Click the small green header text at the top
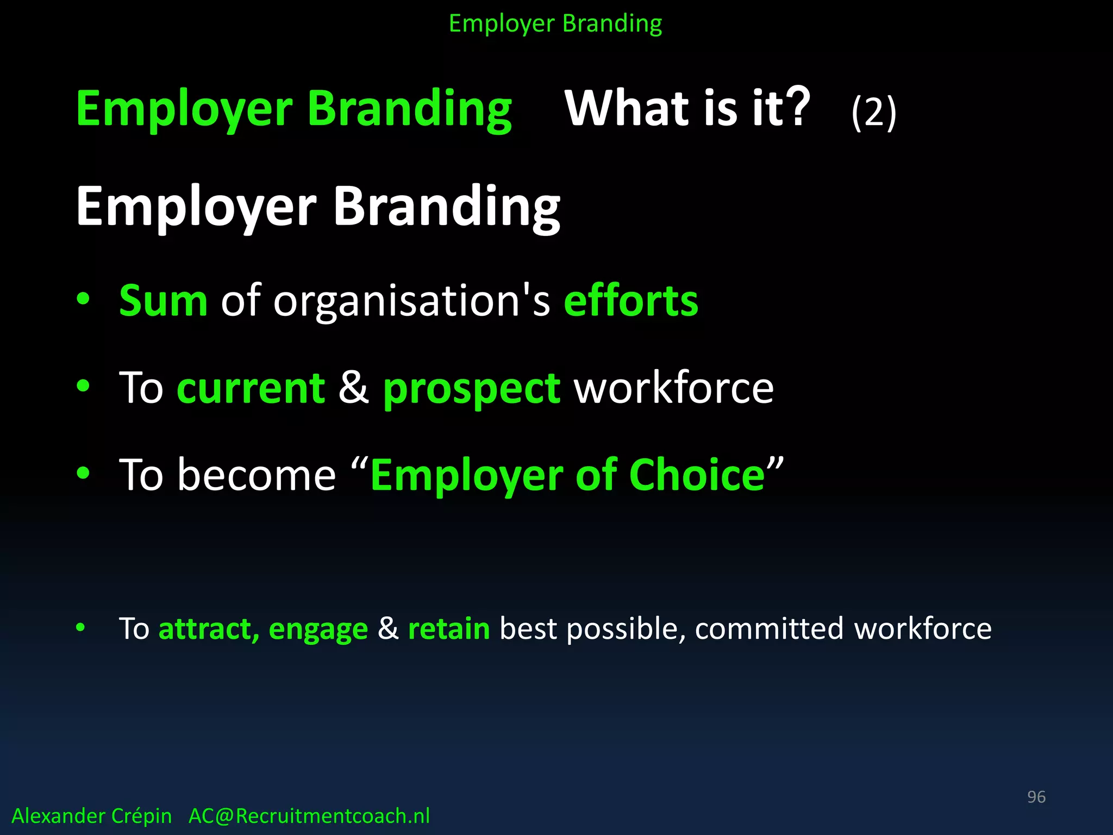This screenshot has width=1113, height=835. coord(555,24)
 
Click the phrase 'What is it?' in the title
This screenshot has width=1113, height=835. coord(687,108)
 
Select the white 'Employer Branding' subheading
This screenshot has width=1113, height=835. coord(318,207)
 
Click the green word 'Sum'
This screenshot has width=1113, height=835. coord(163,301)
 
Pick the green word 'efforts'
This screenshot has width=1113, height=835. coord(631,301)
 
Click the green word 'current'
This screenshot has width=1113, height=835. coord(251,388)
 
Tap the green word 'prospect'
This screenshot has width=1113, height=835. coord(471,389)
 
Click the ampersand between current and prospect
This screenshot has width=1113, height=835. coord(354,388)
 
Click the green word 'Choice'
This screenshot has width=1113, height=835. coord(697,475)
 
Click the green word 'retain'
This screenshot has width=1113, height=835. coord(449,629)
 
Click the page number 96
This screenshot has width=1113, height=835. coord(1036,797)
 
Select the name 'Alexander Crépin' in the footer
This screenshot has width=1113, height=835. coord(91,816)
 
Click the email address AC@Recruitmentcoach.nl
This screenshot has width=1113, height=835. coord(309,816)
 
